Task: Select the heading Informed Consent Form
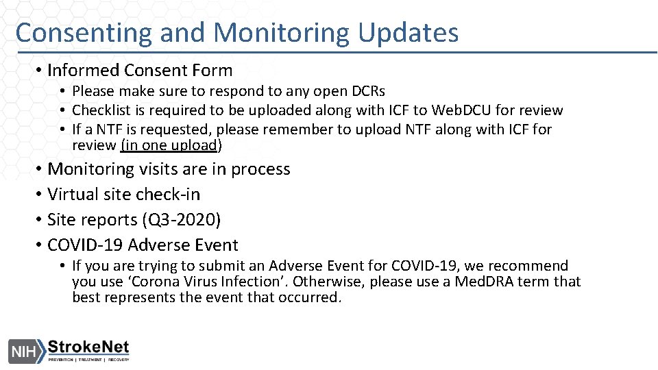click(140, 70)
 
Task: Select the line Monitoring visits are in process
click(169, 169)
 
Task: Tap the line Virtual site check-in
click(123, 194)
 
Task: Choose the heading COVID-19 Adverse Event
click(143, 245)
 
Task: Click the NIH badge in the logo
click(23, 350)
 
